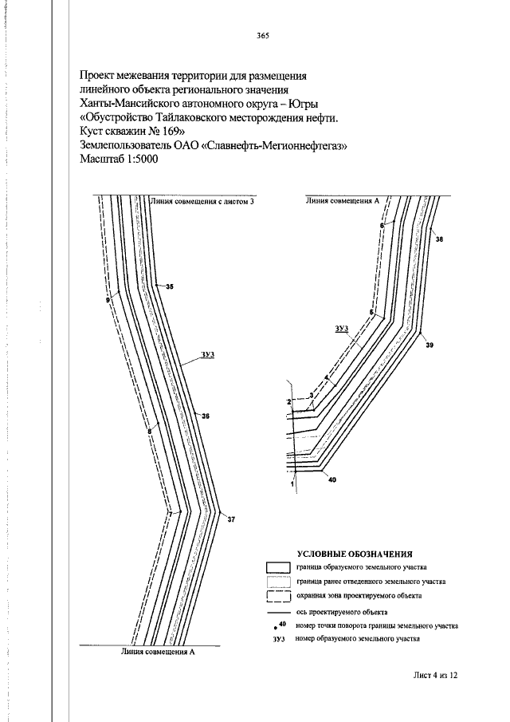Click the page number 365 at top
[x=263, y=37]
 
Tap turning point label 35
[x=170, y=287]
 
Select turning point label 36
[x=206, y=416]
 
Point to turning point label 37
[x=231, y=520]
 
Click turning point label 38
[x=439, y=239]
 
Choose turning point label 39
[x=429, y=345]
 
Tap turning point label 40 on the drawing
[x=332, y=479]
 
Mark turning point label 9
[x=108, y=300]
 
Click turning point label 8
[x=149, y=432]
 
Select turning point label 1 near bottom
[x=292, y=484]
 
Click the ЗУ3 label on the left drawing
[x=208, y=354]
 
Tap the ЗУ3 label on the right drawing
[x=342, y=328]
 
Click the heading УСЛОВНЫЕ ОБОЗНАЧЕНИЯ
[x=355, y=554]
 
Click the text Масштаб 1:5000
[x=119, y=160]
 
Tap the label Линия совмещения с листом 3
[x=202, y=201]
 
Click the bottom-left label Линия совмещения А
[x=158, y=652]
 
